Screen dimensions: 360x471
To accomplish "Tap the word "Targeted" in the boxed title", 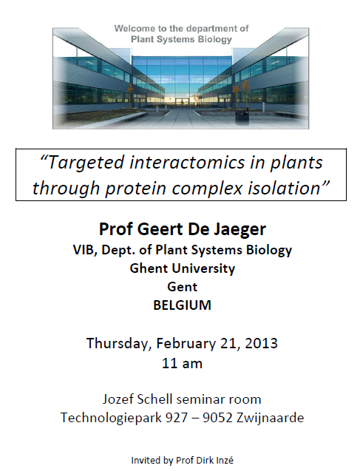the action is point(86,163).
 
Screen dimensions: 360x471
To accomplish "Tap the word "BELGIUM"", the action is point(183,305).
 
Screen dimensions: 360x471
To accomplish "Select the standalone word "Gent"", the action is point(183,287).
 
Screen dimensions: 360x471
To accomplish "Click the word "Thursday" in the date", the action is point(119,343).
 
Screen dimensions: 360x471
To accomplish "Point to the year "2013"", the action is point(261,343).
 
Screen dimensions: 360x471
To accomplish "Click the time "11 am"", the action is point(183,363).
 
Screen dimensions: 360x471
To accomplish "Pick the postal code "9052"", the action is point(217,418).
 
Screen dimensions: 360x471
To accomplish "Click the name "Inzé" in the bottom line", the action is point(225,460).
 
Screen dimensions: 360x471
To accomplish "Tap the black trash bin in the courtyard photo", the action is point(242,117).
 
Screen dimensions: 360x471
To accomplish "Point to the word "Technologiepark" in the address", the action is point(111,419).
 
